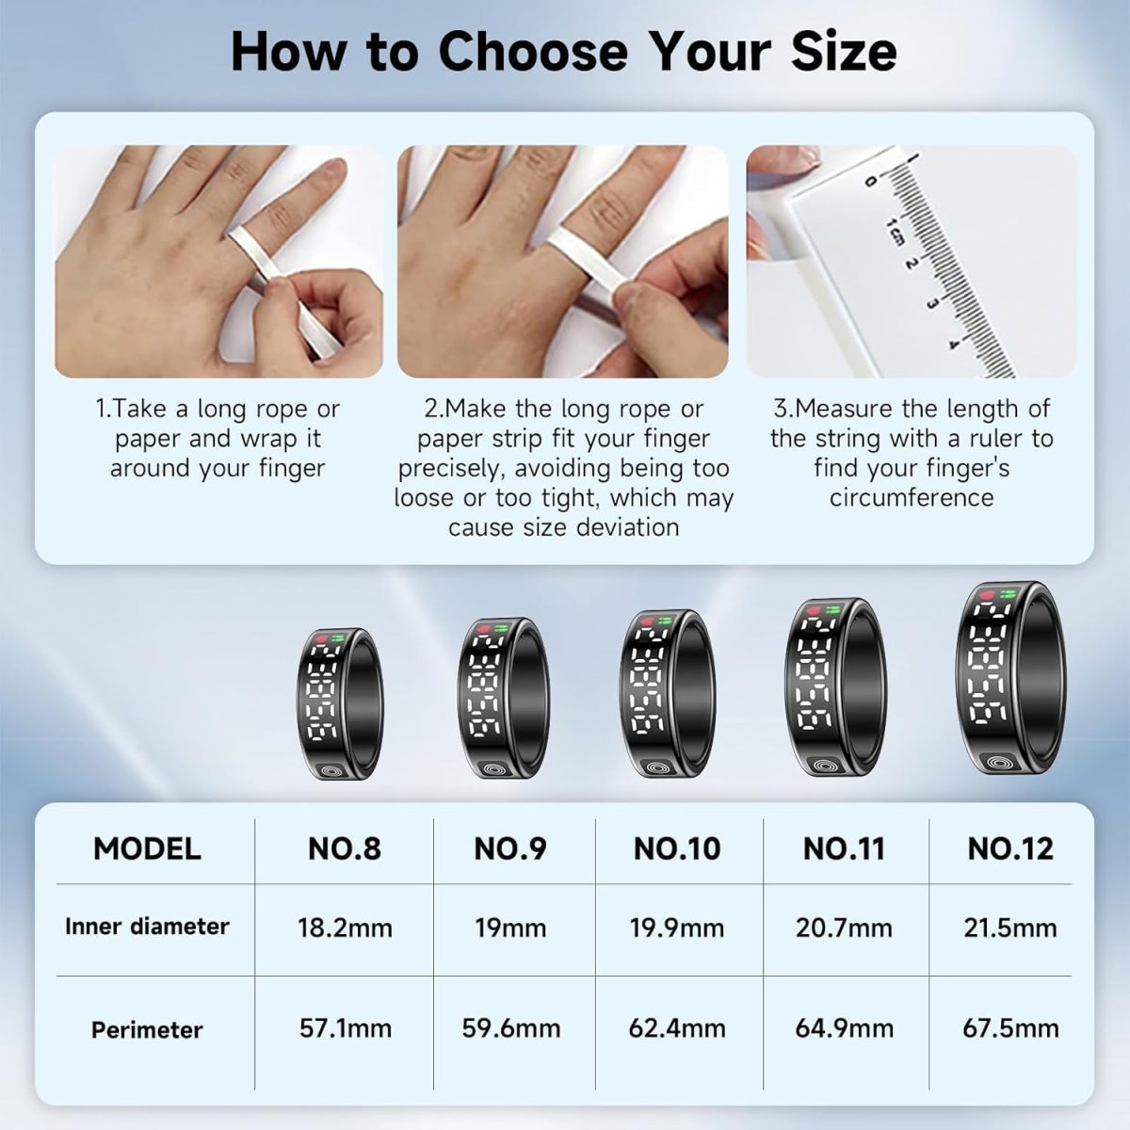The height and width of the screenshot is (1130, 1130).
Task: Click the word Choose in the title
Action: coord(533,53)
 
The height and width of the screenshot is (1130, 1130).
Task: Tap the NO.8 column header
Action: coord(345,848)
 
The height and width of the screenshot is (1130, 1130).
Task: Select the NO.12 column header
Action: coord(1010,848)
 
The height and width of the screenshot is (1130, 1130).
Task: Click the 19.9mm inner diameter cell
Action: coord(677,928)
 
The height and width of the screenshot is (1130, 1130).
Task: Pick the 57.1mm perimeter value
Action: coord(346,1028)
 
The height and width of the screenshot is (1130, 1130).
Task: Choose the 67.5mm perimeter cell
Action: coord(1011,1028)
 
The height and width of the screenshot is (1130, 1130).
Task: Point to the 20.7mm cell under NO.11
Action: coord(844,928)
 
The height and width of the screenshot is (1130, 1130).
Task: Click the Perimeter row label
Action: coord(147,1030)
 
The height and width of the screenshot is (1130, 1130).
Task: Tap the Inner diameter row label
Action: coord(147,927)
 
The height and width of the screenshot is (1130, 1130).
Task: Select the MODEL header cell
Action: coord(147,848)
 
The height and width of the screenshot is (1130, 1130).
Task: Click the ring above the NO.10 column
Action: coord(668,694)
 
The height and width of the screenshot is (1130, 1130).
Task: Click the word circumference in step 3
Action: coord(912,498)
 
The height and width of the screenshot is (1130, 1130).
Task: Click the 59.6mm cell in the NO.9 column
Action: coord(510,1028)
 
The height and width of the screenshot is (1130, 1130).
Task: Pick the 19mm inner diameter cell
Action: coord(510,928)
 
